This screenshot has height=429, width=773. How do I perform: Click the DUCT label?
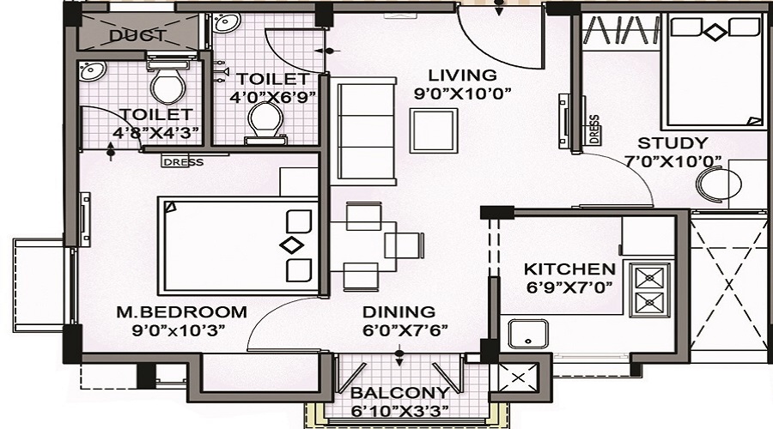click(x=137, y=36)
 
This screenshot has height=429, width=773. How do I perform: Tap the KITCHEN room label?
click(x=569, y=269)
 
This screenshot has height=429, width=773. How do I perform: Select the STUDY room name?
click(x=673, y=143)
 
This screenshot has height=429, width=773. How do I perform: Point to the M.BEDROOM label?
click(x=181, y=311)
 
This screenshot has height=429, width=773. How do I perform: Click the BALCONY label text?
click(x=399, y=393)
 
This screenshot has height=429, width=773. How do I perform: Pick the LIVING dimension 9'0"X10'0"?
click(x=462, y=93)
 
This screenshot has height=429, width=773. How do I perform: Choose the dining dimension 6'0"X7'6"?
click(x=405, y=329)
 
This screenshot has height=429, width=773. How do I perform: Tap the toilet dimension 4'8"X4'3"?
click(x=155, y=132)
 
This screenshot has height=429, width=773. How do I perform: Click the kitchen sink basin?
click(x=528, y=334)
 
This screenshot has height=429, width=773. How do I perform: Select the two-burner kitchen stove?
click(x=649, y=289)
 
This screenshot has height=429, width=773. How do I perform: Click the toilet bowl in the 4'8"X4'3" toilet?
click(x=168, y=84)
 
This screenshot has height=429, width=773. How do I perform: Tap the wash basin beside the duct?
click(x=92, y=70)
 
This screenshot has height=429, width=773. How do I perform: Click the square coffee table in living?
click(x=434, y=130)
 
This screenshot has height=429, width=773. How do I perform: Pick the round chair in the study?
click(x=718, y=184)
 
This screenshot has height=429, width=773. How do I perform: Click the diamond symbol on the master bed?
click(x=291, y=245)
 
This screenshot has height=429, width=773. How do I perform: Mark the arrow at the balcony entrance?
click(x=399, y=358)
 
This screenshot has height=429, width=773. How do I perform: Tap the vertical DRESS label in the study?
click(x=594, y=129)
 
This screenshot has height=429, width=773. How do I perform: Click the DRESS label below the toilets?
click(x=182, y=161)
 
